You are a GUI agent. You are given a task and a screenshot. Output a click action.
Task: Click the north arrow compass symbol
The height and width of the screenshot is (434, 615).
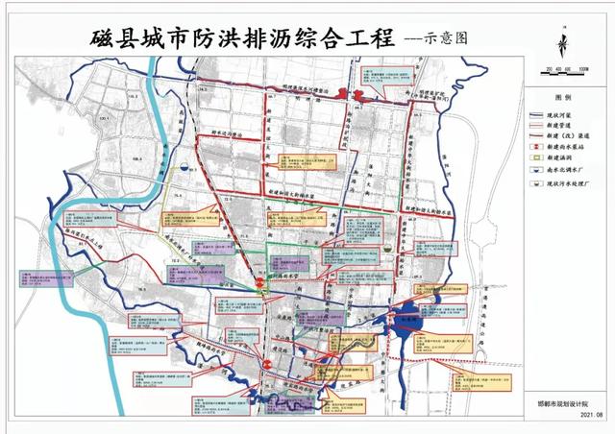click(x=563, y=46)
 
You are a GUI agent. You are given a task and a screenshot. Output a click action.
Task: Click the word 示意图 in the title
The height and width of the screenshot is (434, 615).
click(x=432, y=42)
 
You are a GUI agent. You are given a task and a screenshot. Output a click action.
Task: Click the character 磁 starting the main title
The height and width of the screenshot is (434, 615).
click(x=104, y=40)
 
